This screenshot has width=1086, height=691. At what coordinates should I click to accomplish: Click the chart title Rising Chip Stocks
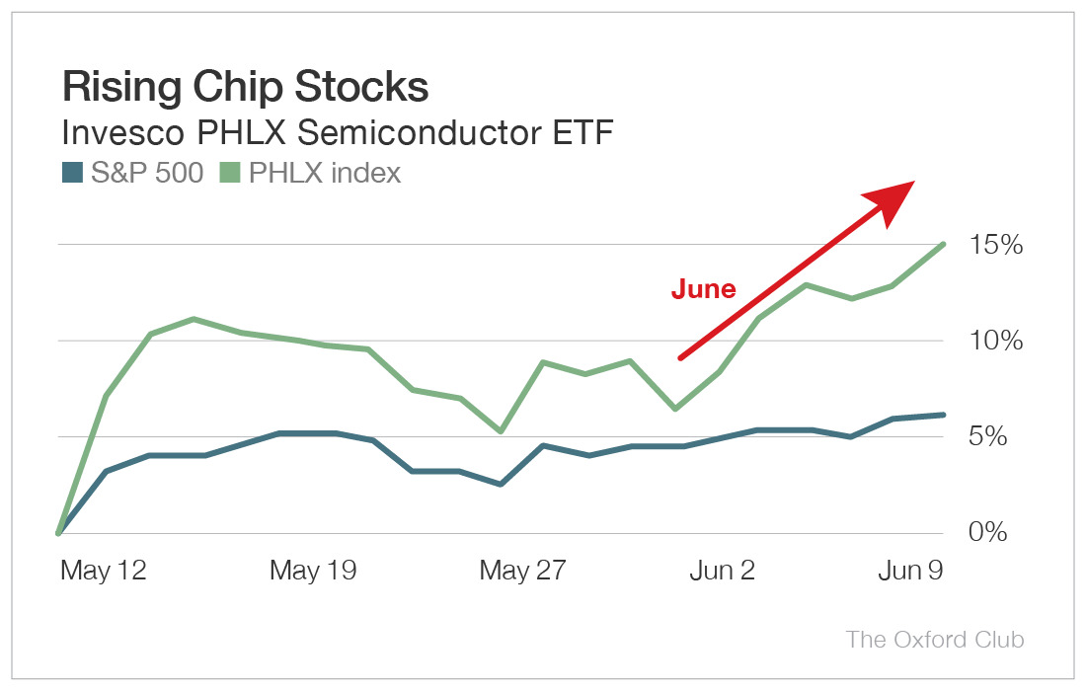click(x=245, y=88)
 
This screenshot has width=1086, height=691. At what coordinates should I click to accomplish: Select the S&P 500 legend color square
click(x=72, y=173)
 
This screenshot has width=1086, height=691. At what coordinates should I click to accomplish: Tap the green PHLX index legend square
click(x=230, y=173)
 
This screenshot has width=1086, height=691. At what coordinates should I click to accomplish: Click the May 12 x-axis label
click(x=103, y=572)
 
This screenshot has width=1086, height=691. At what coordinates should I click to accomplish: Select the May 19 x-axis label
click(x=313, y=572)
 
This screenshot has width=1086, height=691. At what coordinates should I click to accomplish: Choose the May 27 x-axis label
click(x=522, y=572)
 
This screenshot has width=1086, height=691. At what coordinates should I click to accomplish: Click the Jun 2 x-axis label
click(x=721, y=572)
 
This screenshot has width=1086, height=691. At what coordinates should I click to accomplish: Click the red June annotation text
click(x=703, y=289)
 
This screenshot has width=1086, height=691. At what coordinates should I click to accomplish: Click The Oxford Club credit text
click(x=935, y=639)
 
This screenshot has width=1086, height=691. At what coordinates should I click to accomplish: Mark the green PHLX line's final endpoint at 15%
click(x=945, y=244)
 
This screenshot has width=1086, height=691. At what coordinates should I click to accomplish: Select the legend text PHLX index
click(x=325, y=173)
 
